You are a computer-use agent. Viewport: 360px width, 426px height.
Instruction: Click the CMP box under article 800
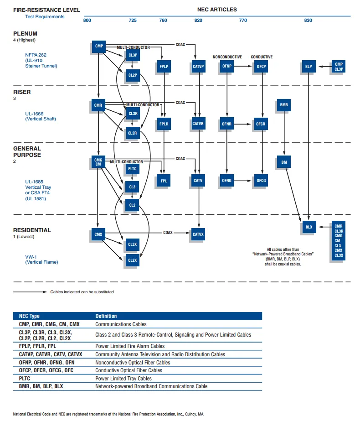pos(98,46)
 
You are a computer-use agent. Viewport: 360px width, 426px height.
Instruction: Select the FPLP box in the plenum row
pos(164,67)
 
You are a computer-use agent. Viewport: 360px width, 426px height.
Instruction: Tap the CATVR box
pos(198,124)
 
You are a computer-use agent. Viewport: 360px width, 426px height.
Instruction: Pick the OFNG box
pos(226,181)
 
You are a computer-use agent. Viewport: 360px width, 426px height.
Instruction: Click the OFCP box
pos(261,67)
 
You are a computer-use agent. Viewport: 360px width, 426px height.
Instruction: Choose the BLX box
pos(309,227)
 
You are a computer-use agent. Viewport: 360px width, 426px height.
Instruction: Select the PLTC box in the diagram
pos(132,169)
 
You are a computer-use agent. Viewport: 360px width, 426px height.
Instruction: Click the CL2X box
pos(132,260)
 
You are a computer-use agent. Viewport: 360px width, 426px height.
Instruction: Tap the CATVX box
pos(198,234)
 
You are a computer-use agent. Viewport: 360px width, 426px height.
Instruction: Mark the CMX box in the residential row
pos(98,235)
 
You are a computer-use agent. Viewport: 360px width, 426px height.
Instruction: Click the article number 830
pos(308,21)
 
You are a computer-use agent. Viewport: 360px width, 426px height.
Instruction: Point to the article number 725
pos(133,21)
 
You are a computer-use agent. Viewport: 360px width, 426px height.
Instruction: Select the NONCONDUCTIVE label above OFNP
pos(227,57)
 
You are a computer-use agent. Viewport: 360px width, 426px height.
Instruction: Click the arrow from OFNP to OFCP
pos(244,67)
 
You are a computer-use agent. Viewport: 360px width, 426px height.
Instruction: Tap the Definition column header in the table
pos(106,316)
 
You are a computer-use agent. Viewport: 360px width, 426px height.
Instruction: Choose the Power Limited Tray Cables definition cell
pos(123,379)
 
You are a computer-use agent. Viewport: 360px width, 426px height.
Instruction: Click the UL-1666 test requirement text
pos(35,114)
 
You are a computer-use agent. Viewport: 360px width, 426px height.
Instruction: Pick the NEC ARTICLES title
pos(217,10)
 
